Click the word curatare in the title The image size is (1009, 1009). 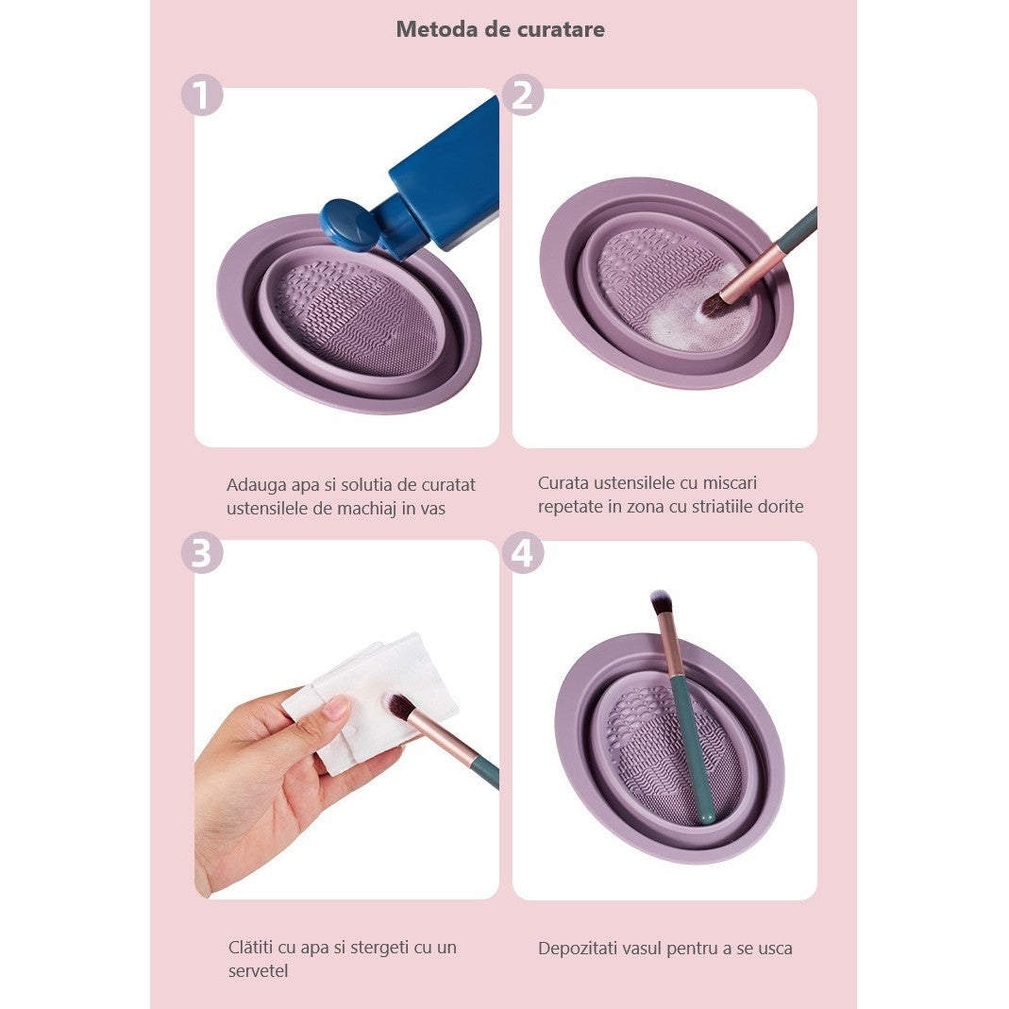click(561, 29)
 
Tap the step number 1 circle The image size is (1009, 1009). click(202, 95)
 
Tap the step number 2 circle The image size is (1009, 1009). click(523, 95)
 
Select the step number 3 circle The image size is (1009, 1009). click(202, 553)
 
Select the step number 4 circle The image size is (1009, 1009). click(523, 553)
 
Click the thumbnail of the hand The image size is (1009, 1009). click(337, 707)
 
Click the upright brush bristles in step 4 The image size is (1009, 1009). click(661, 601)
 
